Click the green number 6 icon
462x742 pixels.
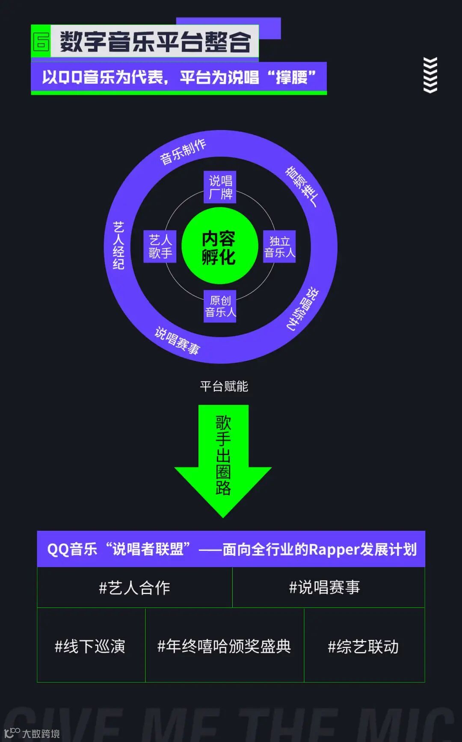(41, 41)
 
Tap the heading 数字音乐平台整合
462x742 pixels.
(155, 41)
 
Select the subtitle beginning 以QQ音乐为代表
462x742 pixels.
(178, 77)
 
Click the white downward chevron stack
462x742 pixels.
(430, 75)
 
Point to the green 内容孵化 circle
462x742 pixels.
(219, 246)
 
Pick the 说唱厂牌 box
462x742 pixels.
(220, 187)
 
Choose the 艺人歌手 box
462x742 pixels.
(160, 246)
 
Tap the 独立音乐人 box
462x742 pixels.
(279, 247)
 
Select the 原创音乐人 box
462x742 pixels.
(220, 306)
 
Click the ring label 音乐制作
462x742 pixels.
(183, 151)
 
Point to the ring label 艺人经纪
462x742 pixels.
(118, 245)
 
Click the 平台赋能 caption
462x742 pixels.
(224, 387)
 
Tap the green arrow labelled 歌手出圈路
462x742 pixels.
(223, 458)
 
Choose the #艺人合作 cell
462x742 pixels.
(134, 588)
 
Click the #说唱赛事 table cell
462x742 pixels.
(324, 588)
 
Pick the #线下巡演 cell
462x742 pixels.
(90, 646)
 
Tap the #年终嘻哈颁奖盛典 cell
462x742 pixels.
(224, 646)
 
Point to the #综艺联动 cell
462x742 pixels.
(363, 646)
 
